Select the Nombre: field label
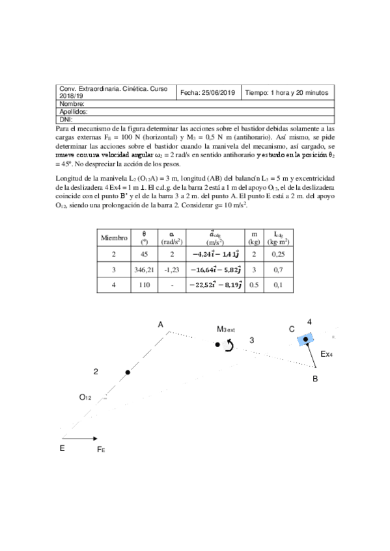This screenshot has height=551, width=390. point(72,104)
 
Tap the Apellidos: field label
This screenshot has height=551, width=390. point(75,112)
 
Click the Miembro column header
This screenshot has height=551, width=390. point(113,238)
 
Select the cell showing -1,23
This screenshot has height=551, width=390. point(171,268)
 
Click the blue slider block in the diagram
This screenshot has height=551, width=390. point(305,339)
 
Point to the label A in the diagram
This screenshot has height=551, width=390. point(160,324)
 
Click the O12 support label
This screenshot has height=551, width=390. point(86,396)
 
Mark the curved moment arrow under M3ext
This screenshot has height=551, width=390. point(228,347)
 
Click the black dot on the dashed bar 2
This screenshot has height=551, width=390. point(128,372)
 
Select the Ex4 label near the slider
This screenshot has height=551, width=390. point(327,355)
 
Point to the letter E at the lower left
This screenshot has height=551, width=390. point(62,448)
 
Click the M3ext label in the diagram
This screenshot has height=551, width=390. point(226,329)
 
